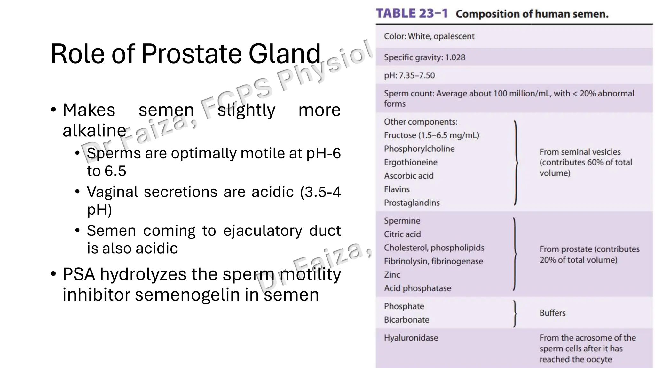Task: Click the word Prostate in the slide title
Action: pyautogui.click(x=191, y=54)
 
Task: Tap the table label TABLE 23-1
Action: pyautogui.click(x=412, y=14)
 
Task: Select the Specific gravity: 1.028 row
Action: pyautogui.click(x=424, y=57)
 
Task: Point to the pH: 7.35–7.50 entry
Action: pyautogui.click(x=409, y=75)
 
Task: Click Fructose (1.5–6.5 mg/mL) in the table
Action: pyautogui.click(x=431, y=135)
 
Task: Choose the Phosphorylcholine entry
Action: pyautogui.click(x=419, y=149)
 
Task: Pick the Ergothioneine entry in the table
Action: pyautogui.click(x=411, y=162)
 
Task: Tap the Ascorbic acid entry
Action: pyautogui.click(x=409, y=176)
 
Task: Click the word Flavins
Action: pyautogui.click(x=397, y=189)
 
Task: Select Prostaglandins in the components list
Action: pyautogui.click(x=412, y=203)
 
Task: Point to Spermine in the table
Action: pyautogui.click(x=402, y=221)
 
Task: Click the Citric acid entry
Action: pyautogui.click(x=402, y=234)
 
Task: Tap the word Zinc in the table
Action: pyautogui.click(x=392, y=275)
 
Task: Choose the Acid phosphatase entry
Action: pyautogui.click(x=417, y=288)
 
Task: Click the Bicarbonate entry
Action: pyautogui.click(x=406, y=320)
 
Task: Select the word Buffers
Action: pyautogui.click(x=552, y=313)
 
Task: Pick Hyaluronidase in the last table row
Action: pyautogui.click(x=411, y=338)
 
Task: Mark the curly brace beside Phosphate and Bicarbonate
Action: pyautogui.click(x=515, y=313)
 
